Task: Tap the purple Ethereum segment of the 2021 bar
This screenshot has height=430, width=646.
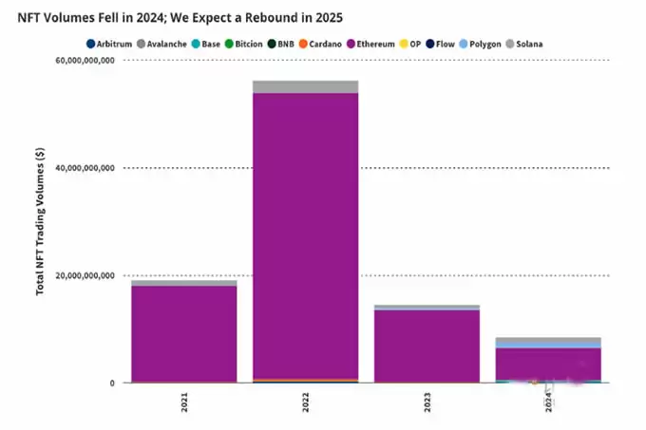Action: tap(184, 332)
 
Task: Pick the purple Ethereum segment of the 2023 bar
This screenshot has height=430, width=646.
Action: tap(427, 346)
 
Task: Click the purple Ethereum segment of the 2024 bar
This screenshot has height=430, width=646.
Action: tap(548, 363)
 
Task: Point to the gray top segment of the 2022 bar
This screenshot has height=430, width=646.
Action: tap(305, 86)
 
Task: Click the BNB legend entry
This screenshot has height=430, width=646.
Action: tap(280, 44)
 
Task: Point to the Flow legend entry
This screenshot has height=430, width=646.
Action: tap(439, 44)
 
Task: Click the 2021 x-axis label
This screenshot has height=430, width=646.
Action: tap(184, 402)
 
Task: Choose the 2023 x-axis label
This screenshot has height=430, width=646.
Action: tap(427, 402)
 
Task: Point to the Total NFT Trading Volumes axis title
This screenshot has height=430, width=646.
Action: tap(41, 221)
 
